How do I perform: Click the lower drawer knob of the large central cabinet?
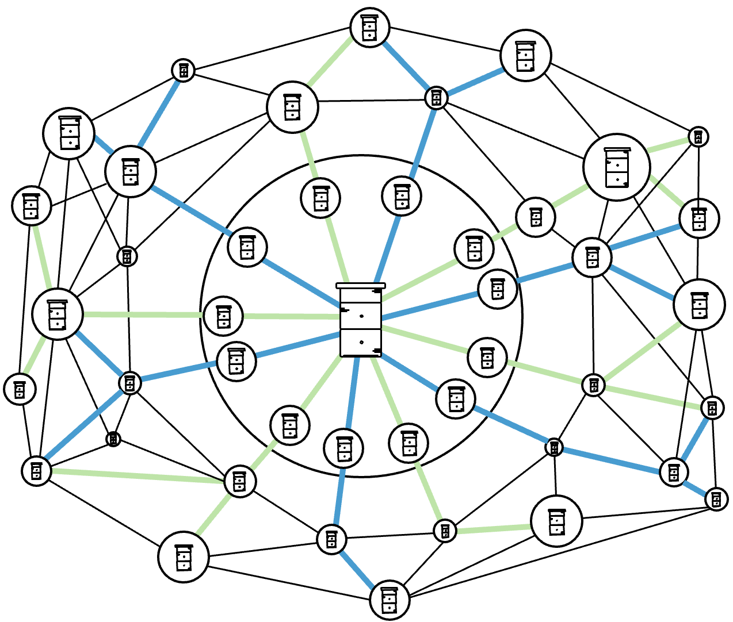click(361, 342)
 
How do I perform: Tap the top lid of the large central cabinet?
click(361, 285)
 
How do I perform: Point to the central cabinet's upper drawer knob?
click(361, 316)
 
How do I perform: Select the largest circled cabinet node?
click(617, 167)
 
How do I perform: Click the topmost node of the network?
click(370, 28)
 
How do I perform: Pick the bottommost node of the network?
click(390, 600)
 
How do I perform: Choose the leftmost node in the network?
click(20, 389)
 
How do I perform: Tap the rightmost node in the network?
click(716, 499)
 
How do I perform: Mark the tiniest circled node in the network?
click(113, 439)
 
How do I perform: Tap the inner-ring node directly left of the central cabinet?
click(223, 316)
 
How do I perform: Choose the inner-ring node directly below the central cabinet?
click(343, 448)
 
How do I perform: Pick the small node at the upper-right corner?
click(698, 137)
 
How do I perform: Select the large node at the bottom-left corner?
click(184, 556)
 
